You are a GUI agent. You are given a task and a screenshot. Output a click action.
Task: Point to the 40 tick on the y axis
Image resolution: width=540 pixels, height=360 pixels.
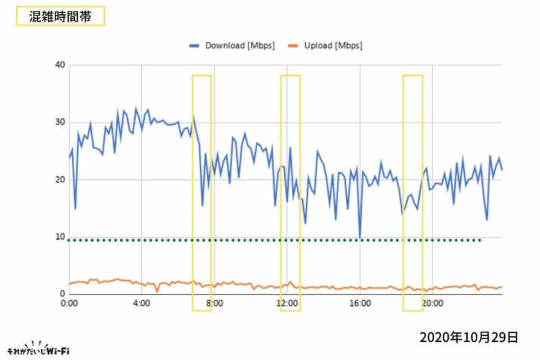[60, 65]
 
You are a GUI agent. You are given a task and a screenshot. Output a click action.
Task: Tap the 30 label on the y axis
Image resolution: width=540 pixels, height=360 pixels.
[60, 122]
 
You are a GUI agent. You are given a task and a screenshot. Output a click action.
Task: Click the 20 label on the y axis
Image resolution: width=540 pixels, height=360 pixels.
[60, 180]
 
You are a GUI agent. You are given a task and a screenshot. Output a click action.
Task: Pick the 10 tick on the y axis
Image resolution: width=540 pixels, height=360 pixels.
[60, 237]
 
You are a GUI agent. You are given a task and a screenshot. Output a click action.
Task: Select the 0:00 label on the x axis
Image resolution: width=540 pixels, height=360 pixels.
[70, 304]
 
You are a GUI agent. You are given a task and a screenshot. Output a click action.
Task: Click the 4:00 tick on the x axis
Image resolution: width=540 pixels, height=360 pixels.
[142, 304]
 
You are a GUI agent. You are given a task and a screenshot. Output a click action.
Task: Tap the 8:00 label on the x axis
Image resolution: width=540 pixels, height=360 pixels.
[215, 304]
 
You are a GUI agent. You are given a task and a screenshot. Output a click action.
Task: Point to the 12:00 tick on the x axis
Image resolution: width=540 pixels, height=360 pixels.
[288, 304]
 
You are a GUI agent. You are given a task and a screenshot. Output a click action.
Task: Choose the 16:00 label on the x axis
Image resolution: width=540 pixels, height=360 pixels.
[360, 304]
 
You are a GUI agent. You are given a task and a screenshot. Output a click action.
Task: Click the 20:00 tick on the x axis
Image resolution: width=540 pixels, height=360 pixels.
[432, 304]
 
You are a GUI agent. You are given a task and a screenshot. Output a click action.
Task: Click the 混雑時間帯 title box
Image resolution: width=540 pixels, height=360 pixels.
[60, 16]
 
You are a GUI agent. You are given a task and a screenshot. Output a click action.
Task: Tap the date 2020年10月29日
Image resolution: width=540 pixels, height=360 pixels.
[468, 336]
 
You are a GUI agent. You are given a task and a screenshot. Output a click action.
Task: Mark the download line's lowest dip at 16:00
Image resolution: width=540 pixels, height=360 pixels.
[360, 237]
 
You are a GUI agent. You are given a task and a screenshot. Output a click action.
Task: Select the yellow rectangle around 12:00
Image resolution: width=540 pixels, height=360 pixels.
[290, 192]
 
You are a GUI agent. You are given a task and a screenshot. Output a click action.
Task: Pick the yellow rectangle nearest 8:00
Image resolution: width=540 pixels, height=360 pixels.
[202, 192]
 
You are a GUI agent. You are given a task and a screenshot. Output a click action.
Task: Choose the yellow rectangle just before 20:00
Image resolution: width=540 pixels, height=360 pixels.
[412, 192]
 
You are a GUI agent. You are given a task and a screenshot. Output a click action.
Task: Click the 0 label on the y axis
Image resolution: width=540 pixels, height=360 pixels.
[62, 294]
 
